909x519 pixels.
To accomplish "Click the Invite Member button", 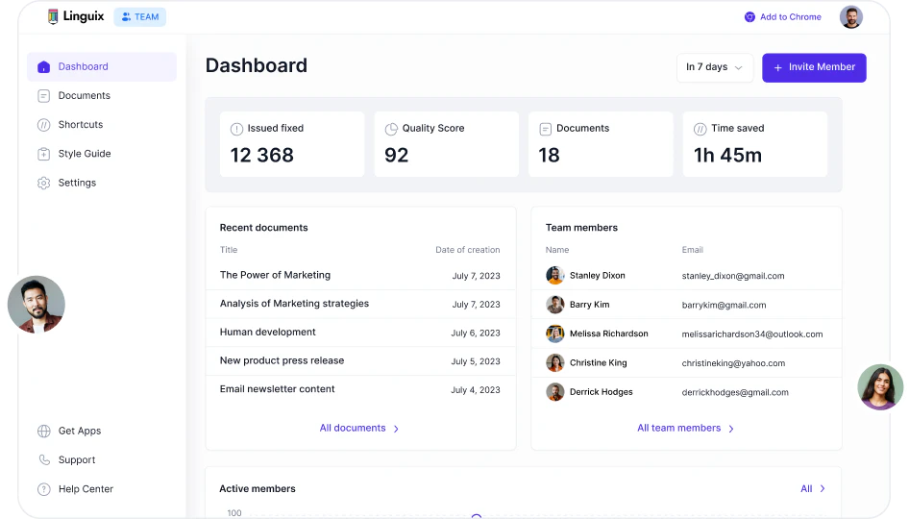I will pyautogui.click(x=814, y=67).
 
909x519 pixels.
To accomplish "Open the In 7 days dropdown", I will pyautogui.click(x=714, y=67).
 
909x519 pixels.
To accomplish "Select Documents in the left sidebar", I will pyautogui.click(x=84, y=96).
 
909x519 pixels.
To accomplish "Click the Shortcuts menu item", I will pyautogui.click(x=80, y=125).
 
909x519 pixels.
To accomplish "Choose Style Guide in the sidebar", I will pyautogui.click(x=84, y=154).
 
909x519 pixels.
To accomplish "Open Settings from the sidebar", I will pyautogui.click(x=77, y=183).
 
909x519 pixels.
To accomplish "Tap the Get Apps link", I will pyautogui.click(x=79, y=432).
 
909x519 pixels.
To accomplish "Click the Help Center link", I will pyautogui.click(x=86, y=489).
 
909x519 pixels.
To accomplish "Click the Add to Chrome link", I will pyautogui.click(x=789, y=17).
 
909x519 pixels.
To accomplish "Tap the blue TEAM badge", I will pyautogui.click(x=139, y=17).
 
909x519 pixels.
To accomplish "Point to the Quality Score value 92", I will pyautogui.click(x=397, y=155).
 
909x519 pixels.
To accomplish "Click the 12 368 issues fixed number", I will pyautogui.click(x=261, y=155).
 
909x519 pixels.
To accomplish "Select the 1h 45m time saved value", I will pyautogui.click(x=727, y=155).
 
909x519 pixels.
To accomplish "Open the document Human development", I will pyautogui.click(x=267, y=333).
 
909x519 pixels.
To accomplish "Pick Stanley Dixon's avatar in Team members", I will pyautogui.click(x=555, y=276).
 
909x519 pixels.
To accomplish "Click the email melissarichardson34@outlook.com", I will pyautogui.click(x=752, y=334).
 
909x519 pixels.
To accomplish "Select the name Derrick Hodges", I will pyautogui.click(x=601, y=392).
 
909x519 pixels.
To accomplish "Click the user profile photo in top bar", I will pyautogui.click(x=850, y=17).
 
